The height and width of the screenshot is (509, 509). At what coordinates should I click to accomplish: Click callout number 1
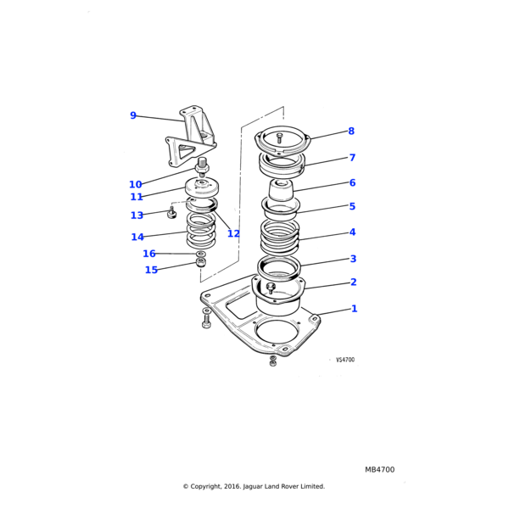(x=354, y=309)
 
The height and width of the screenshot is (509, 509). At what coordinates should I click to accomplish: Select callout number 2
(x=353, y=282)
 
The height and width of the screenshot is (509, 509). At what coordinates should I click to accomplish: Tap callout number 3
(x=353, y=259)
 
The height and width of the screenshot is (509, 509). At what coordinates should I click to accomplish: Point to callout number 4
(x=352, y=232)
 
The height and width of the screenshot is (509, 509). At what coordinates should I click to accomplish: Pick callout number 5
(x=352, y=206)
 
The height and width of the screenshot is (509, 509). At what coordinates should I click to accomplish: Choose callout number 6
(x=352, y=182)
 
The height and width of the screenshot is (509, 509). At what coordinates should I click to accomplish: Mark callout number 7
(x=352, y=158)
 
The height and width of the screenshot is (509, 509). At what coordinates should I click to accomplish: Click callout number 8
(x=351, y=131)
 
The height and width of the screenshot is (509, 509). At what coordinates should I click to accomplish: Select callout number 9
(x=133, y=116)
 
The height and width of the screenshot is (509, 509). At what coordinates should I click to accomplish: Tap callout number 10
(x=136, y=185)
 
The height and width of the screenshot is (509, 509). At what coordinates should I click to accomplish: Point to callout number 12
(x=233, y=234)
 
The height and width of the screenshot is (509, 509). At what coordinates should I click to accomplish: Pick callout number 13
(x=137, y=215)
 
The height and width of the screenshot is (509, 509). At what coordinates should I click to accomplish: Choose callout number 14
(x=137, y=238)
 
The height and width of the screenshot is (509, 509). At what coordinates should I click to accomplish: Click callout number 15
(x=151, y=271)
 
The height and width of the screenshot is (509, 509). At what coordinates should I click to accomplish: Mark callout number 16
(x=149, y=254)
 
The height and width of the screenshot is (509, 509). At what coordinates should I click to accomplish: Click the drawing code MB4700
(x=379, y=469)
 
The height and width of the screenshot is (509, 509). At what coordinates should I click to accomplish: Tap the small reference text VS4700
(x=345, y=360)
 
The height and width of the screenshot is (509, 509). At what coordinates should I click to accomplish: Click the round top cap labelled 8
(x=281, y=138)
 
